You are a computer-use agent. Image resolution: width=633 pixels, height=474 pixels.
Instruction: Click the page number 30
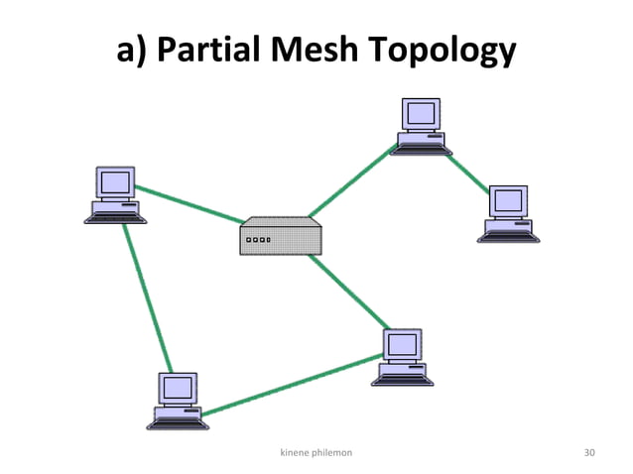click(589, 452)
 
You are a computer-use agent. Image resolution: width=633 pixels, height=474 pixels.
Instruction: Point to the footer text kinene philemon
click(317, 452)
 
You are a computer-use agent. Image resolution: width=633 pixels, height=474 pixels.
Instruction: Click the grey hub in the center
click(281, 236)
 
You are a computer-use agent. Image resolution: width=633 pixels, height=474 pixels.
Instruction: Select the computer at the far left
click(114, 195)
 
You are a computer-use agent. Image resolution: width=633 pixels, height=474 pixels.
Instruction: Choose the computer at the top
click(421, 127)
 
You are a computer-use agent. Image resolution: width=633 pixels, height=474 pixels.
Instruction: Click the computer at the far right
click(508, 214)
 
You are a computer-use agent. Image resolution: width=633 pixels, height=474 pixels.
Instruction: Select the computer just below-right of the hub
click(404, 357)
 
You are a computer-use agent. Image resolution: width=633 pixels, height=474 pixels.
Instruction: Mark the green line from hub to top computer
click(349, 179)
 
